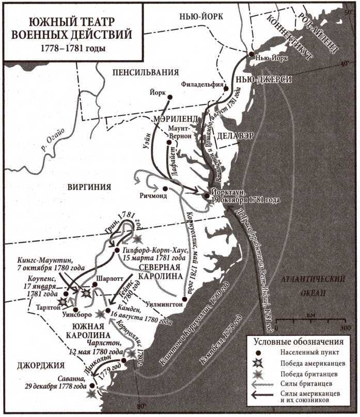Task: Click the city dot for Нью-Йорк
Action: pos(251,54)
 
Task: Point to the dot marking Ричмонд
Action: pos(165,189)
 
